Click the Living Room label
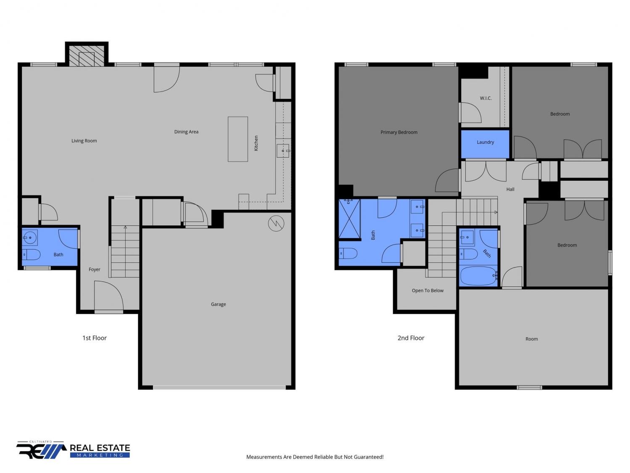tap(84, 141)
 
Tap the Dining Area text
tap(186, 132)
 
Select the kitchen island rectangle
tap(238, 139)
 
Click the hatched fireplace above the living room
tap(87, 55)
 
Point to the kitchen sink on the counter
tap(283, 151)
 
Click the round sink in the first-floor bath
tap(30, 238)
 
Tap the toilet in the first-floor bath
tap(31, 254)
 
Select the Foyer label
tap(94, 270)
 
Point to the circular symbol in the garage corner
tap(276, 223)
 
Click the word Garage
tap(218, 304)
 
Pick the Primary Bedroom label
tap(399, 132)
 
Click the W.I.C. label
tap(486, 98)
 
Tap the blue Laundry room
tap(485, 144)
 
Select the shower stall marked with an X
tap(349, 219)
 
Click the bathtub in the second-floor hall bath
tap(478, 276)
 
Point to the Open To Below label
tap(428, 291)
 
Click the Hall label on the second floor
tap(510, 189)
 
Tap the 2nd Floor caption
tap(411, 338)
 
